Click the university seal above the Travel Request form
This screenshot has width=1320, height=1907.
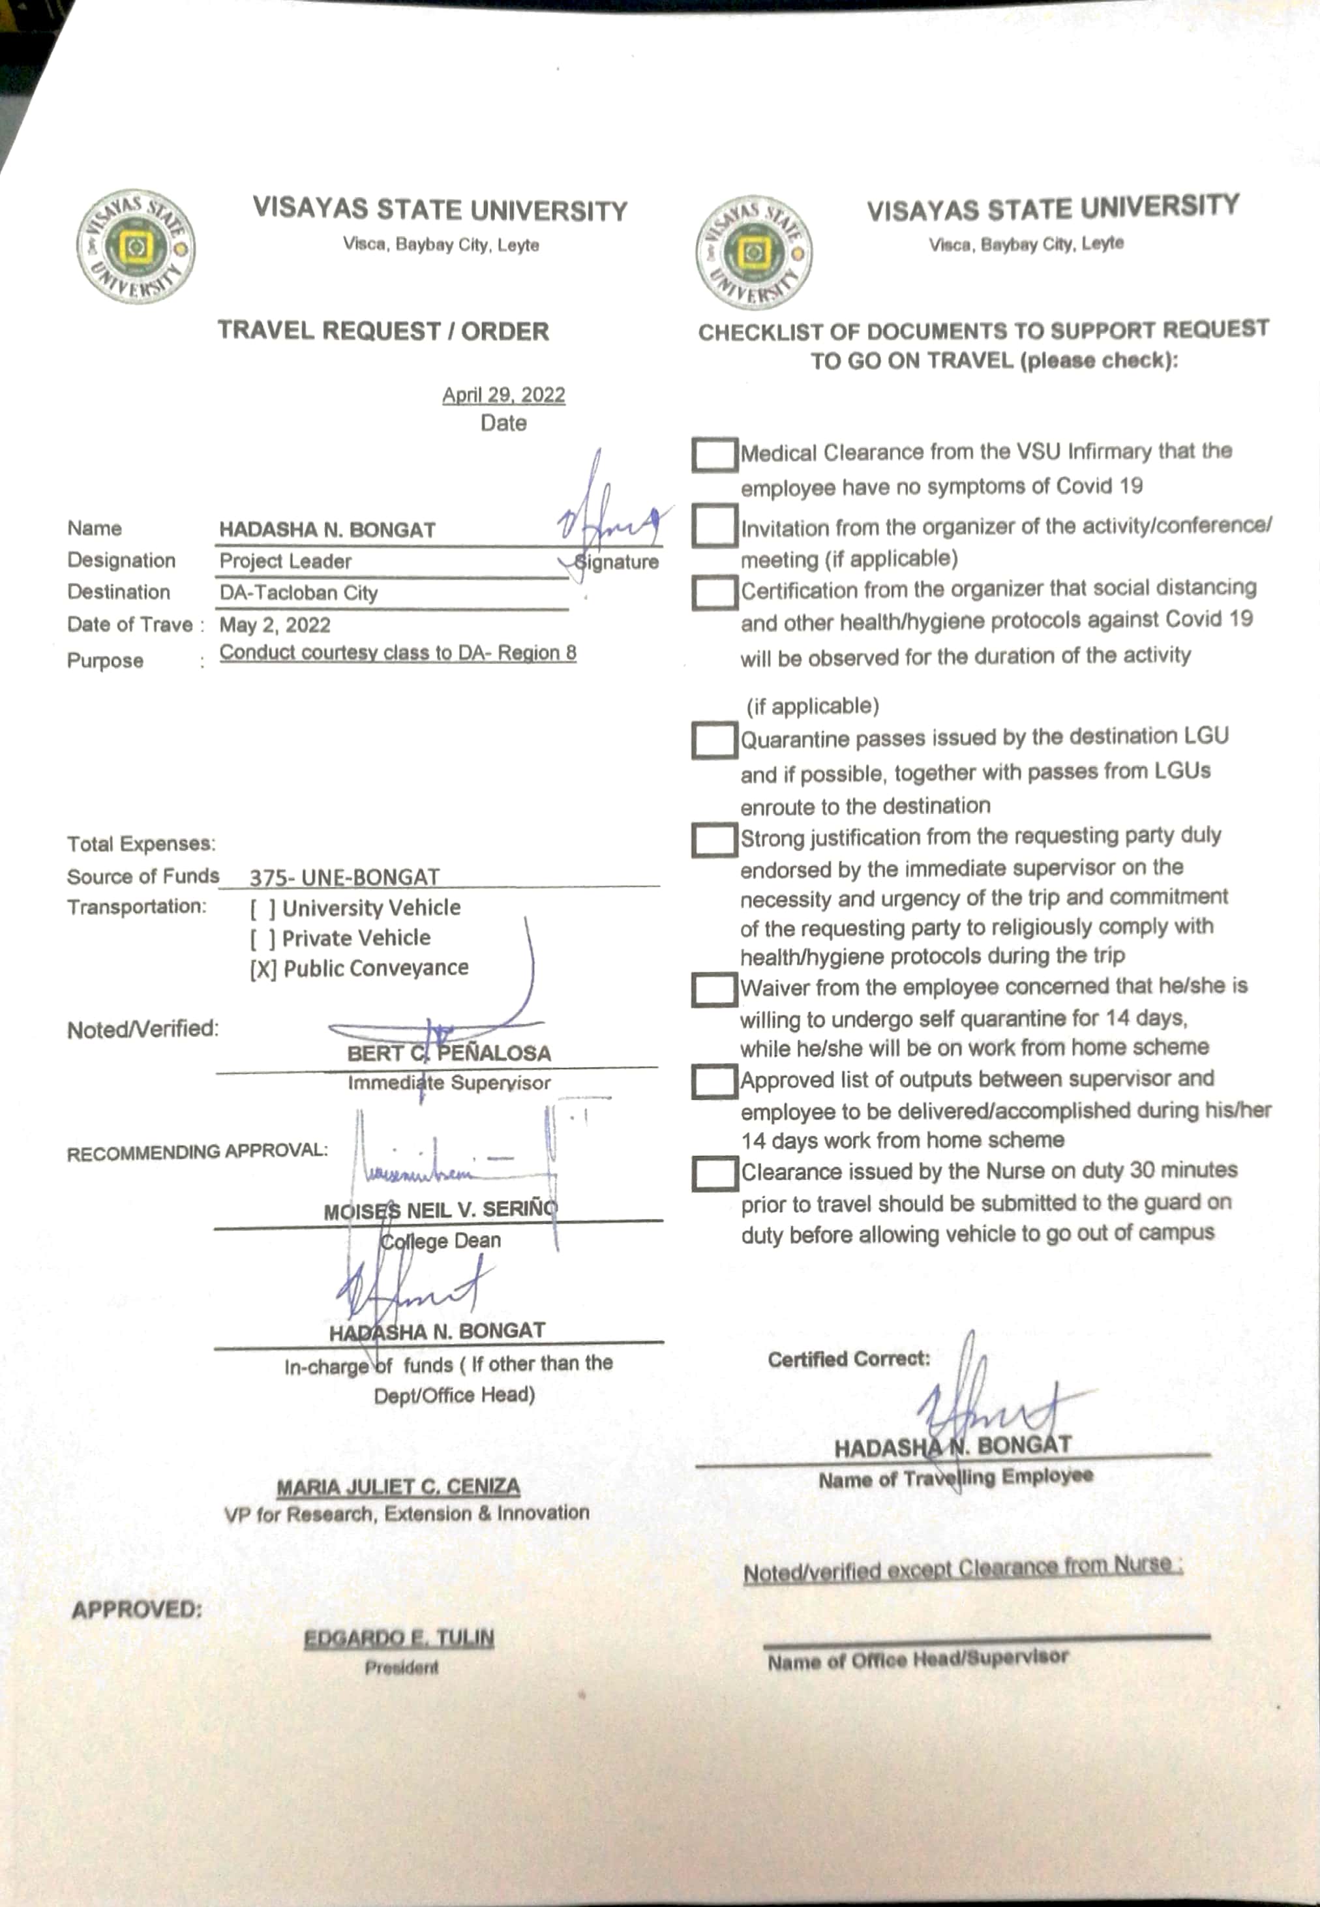pyautogui.click(x=136, y=247)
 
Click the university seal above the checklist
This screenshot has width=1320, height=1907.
pyautogui.click(x=753, y=252)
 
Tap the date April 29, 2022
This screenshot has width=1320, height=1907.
pyautogui.click(x=503, y=395)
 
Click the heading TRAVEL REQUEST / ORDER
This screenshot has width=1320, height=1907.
pyautogui.click(x=383, y=331)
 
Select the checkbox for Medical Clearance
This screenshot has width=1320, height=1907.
pyautogui.click(x=713, y=454)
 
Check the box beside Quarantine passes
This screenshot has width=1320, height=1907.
pyautogui.click(x=713, y=740)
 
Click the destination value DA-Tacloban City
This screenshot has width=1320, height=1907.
pyautogui.click(x=299, y=593)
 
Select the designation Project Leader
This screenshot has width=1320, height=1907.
pyautogui.click(x=286, y=562)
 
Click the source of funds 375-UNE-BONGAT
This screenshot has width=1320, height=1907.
pyautogui.click(x=344, y=877)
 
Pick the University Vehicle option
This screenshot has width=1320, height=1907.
pyautogui.click(x=355, y=908)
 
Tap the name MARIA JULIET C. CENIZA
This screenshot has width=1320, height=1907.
pyautogui.click(x=398, y=1487)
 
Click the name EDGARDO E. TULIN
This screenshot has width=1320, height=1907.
pyautogui.click(x=398, y=1638)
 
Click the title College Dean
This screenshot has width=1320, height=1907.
pyautogui.click(x=440, y=1240)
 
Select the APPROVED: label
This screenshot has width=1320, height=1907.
pyautogui.click(x=136, y=1610)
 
